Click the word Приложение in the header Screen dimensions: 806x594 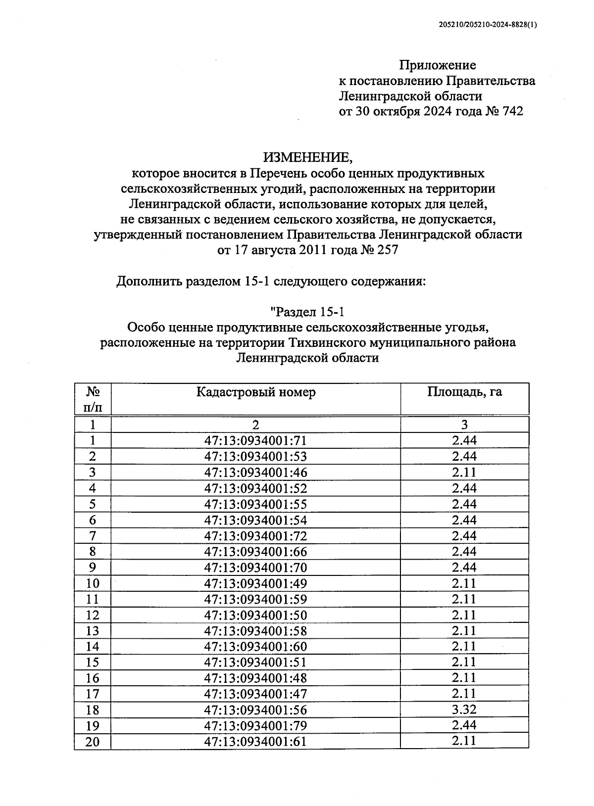click(x=438, y=65)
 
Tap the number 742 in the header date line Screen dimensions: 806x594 click(x=512, y=111)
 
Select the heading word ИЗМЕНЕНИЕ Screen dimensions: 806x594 click(x=307, y=158)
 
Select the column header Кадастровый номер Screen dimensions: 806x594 click(x=255, y=392)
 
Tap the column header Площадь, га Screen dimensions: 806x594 click(x=464, y=392)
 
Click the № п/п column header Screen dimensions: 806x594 click(x=93, y=399)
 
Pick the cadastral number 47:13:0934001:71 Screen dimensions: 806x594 click(x=255, y=441)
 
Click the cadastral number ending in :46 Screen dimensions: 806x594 click(x=255, y=473)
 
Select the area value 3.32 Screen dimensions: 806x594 click(x=464, y=710)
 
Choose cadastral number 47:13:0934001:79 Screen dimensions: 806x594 click(x=255, y=726)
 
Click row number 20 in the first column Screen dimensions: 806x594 click(x=93, y=742)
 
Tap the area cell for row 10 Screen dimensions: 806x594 click(x=464, y=583)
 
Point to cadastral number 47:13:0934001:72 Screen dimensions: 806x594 click(x=255, y=536)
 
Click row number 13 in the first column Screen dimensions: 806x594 click(x=93, y=631)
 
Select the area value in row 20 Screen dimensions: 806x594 click(x=464, y=741)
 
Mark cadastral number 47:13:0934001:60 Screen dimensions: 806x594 click(x=255, y=647)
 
